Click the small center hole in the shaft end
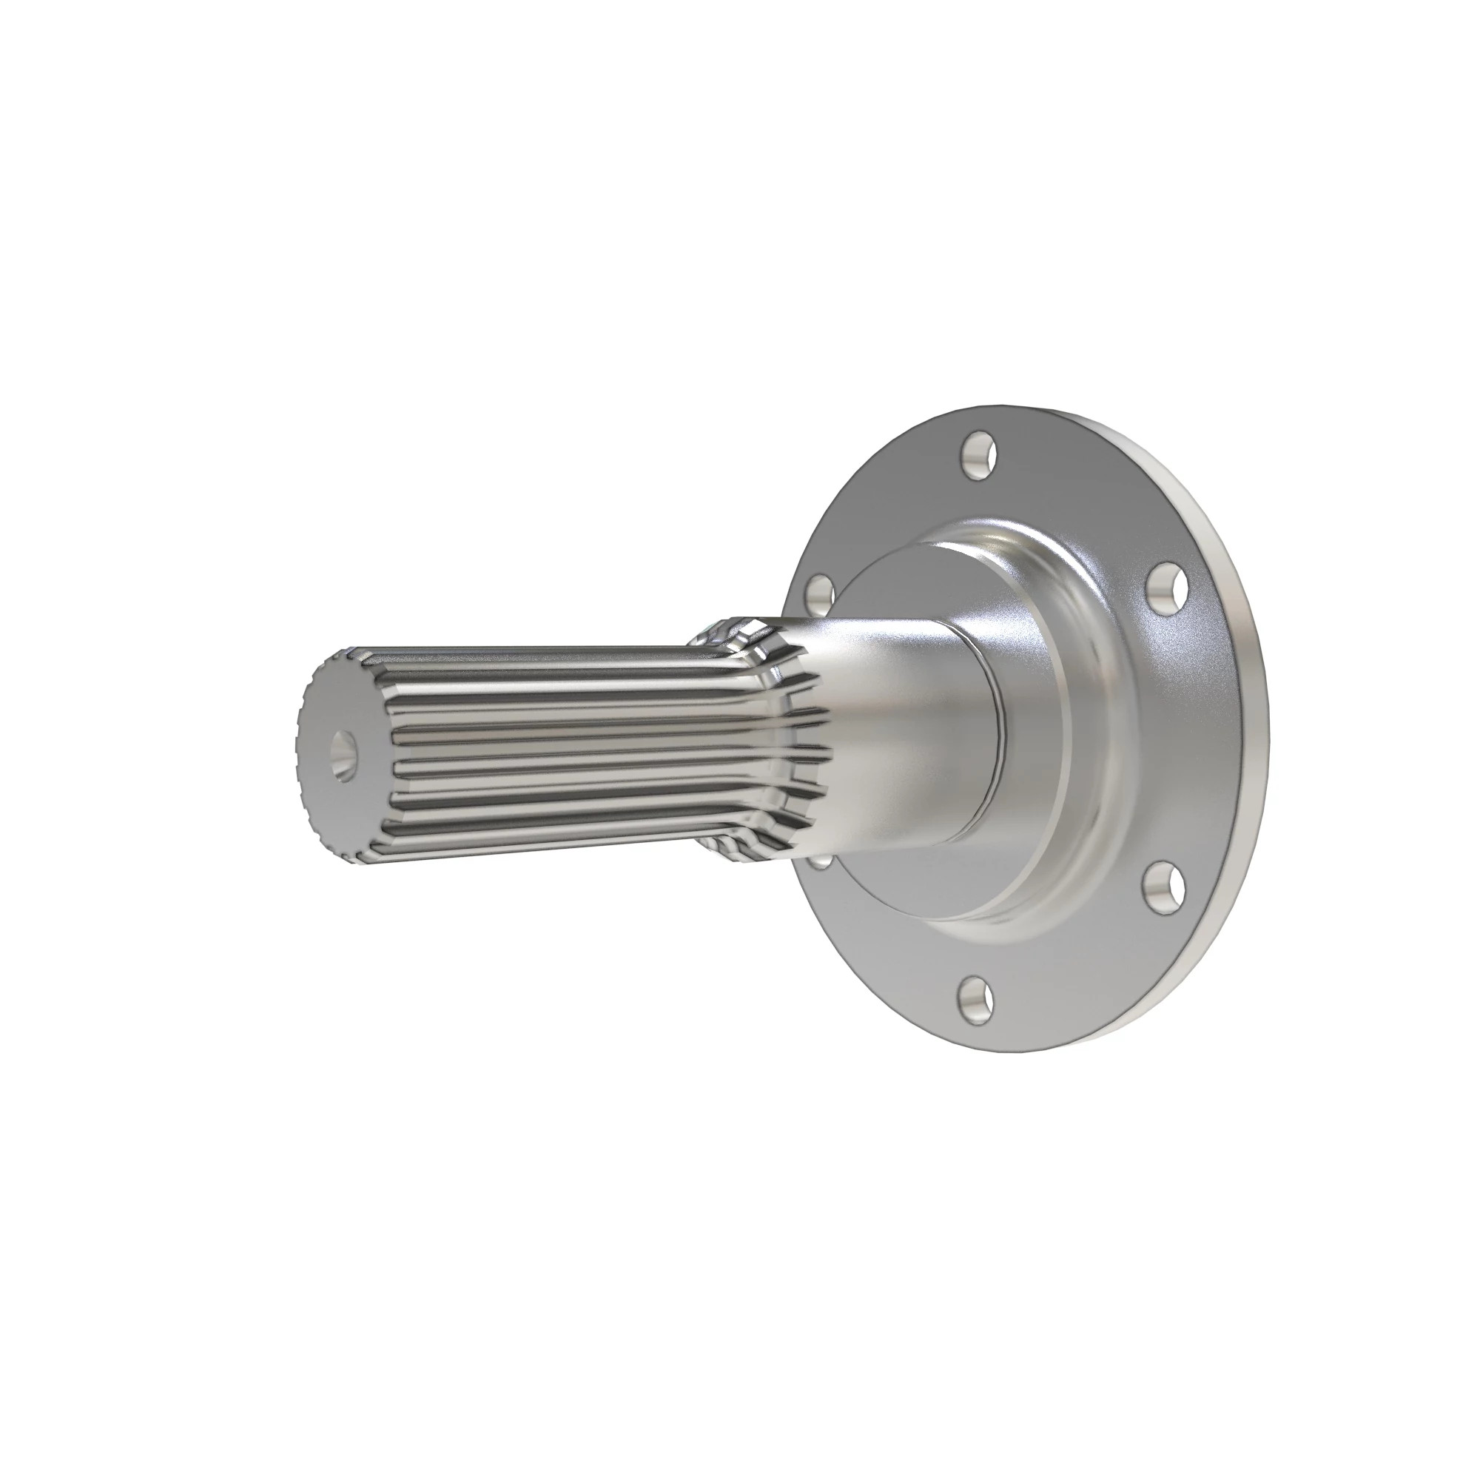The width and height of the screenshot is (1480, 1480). tap(345, 753)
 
